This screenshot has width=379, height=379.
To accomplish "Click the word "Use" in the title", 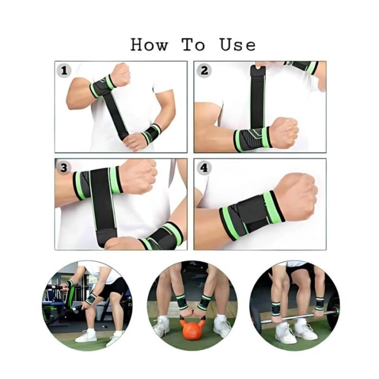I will [x=237, y=44].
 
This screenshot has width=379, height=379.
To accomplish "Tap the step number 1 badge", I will [x=65, y=70].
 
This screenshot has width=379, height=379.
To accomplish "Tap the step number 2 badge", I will [x=204, y=70].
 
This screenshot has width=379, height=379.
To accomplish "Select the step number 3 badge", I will [x=65, y=168].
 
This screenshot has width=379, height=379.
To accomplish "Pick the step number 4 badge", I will [x=204, y=168].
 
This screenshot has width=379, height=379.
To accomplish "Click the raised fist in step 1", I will [x=120, y=75].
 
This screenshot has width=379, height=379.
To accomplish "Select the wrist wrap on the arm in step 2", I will [x=252, y=140].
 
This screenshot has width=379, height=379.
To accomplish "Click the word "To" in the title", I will [x=193, y=44].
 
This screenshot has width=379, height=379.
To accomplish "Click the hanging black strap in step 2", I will [x=258, y=97].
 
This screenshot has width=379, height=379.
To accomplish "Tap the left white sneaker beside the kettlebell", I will [x=161, y=327].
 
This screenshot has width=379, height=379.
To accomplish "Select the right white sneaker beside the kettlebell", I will [x=222, y=327].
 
